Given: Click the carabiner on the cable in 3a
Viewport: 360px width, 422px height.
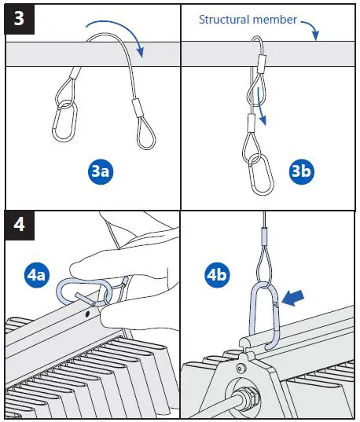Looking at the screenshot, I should coord(63,119).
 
